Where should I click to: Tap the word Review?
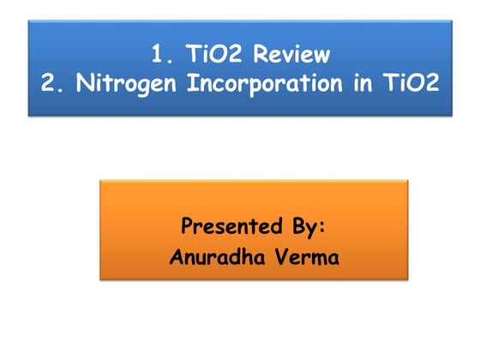tap(290, 55)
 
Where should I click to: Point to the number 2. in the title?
tap(50, 86)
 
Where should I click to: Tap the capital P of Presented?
tap(188, 227)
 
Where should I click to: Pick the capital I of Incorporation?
tap(172, 86)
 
